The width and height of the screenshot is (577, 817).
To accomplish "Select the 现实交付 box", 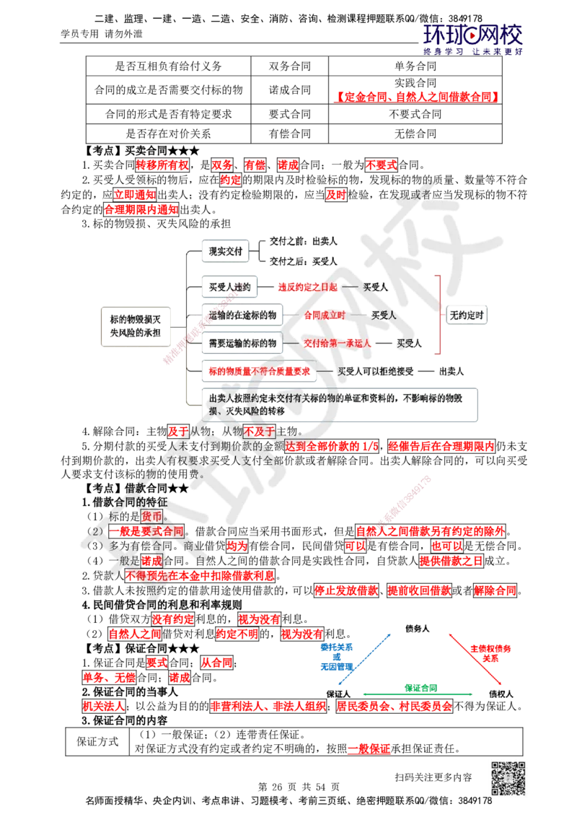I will point(224,250).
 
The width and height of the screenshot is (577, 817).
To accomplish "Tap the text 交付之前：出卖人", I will point(303,240).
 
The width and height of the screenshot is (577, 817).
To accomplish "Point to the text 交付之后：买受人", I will point(303,261).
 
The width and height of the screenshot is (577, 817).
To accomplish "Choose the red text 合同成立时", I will point(324,315).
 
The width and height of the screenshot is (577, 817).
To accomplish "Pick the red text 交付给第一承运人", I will point(338,344).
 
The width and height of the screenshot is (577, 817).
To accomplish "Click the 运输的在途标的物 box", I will point(242,315).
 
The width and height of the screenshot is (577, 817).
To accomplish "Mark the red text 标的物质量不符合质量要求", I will point(259,371).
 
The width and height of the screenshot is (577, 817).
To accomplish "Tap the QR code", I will point(507,779).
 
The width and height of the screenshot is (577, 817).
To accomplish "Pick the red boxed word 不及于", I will point(260,432).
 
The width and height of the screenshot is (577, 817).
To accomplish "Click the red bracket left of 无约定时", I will point(440,315).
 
